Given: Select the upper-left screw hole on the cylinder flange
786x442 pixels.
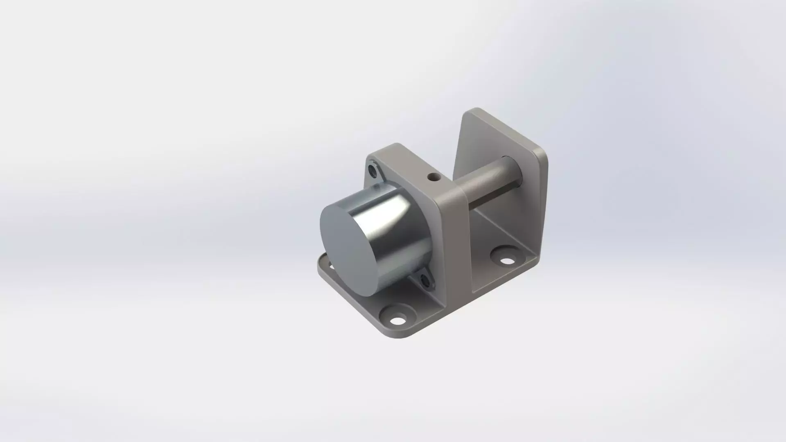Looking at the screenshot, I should coord(373,169).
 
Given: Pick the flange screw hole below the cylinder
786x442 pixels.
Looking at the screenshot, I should coord(425,281).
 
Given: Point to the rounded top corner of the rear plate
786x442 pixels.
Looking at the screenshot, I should coord(475,111).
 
